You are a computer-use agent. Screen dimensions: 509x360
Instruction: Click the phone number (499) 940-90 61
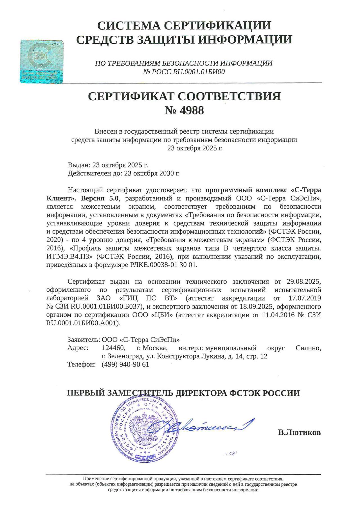pos(125,365)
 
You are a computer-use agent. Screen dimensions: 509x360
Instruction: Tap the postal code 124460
pos(113,348)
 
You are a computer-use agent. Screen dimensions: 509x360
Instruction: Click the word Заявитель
pos(83,340)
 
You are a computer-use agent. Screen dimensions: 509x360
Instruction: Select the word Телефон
pos(81,365)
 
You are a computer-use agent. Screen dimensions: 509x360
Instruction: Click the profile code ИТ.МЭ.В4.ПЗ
pos(69,257)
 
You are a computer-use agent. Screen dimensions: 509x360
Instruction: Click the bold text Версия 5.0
pos(100,198)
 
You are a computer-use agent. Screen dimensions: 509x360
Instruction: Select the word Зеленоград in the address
pos(126,356)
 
